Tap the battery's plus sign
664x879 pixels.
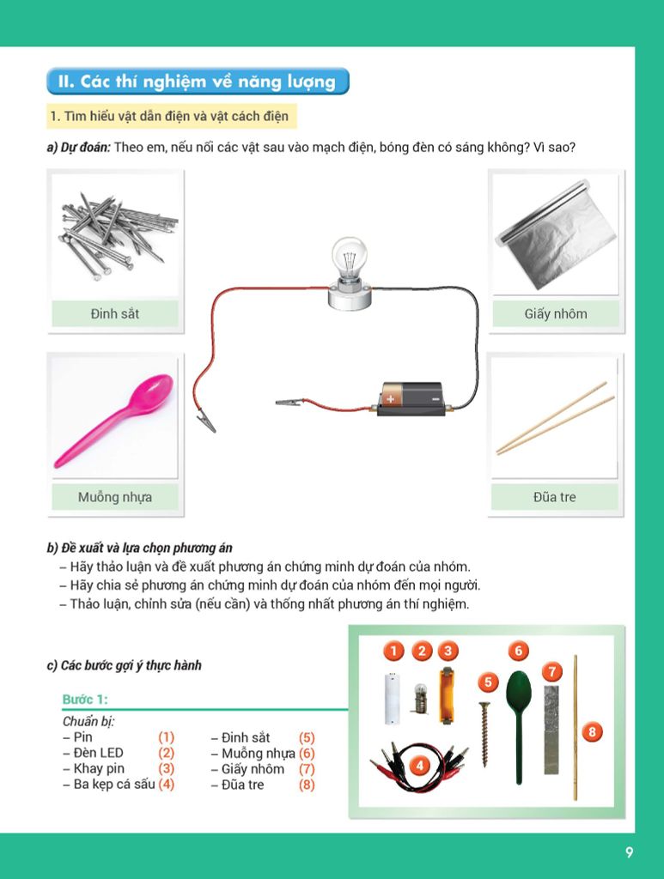(x=390, y=398)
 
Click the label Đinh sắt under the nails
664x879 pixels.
(x=115, y=314)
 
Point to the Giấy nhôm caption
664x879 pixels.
(x=556, y=314)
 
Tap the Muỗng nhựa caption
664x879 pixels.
(x=115, y=497)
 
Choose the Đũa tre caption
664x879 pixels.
(x=555, y=497)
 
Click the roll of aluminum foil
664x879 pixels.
(x=551, y=234)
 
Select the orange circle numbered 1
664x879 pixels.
(x=393, y=651)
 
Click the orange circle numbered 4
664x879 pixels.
(x=419, y=765)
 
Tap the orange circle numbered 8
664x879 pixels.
(x=592, y=731)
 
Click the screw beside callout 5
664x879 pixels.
(x=484, y=734)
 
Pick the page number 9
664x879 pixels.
(x=630, y=852)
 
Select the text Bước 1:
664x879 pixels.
(x=85, y=699)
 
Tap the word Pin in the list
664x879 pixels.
(x=83, y=737)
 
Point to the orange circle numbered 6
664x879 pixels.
(x=519, y=651)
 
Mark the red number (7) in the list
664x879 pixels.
(x=307, y=768)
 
